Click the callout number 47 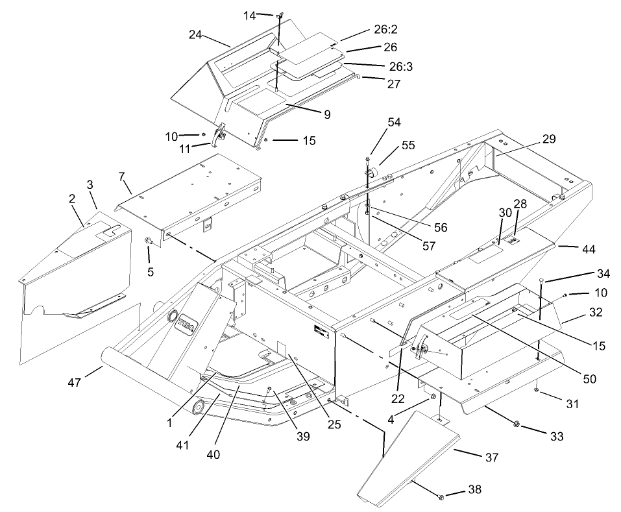click(75, 384)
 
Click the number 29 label click(549, 139)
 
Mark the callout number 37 click(491, 458)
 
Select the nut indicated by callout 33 click(517, 424)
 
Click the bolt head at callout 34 click(541, 278)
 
